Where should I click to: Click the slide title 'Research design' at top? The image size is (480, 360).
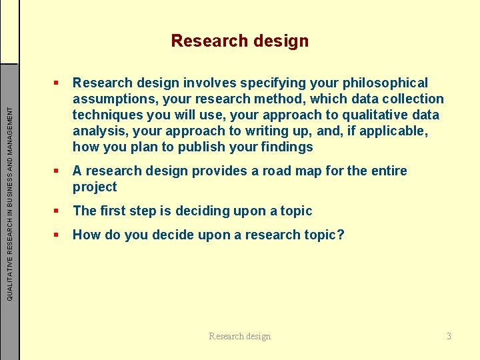pyautogui.click(x=240, y=41)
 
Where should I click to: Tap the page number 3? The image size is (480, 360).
pyautogui.click(x=449, y=336)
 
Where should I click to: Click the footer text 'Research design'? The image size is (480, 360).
pyautogui.click(x=240, y=336)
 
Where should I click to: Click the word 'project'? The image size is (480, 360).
pyautogui.click(x=95, y=187)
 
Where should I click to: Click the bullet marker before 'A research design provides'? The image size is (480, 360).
pyautogui.click(x=58, y=171)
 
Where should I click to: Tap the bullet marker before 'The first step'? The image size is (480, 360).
pyautogui.click(x=58, y=211)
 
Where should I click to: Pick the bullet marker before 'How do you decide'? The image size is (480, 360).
pyautogui.click(x=58, y=235)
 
